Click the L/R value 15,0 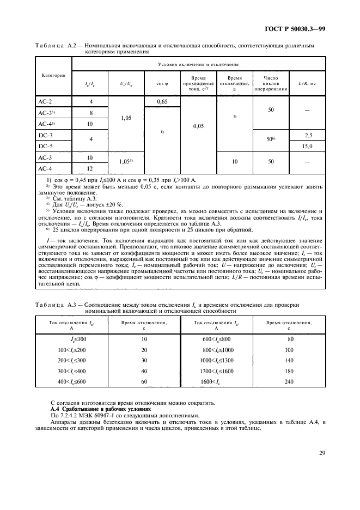(308, 145)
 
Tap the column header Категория (53, 75)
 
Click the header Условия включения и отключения (198, 64)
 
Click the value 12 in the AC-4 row (90, 168)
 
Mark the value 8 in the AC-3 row (90, 112)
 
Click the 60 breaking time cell (144, 381)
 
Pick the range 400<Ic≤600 (71, 381)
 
